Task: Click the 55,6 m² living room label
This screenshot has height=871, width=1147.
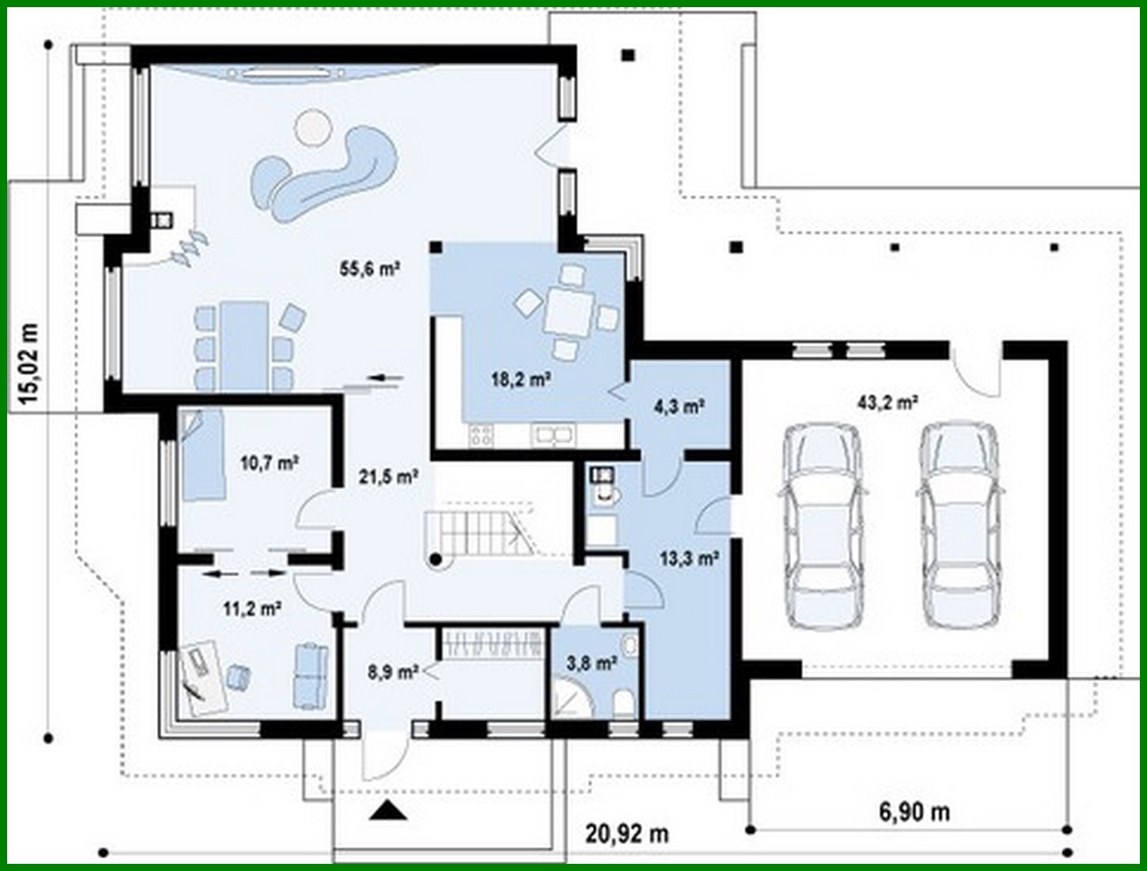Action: click(369, 269)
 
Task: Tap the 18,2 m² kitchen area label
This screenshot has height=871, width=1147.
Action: click(521, 379)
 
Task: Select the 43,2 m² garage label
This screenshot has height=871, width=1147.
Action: click(887, 402)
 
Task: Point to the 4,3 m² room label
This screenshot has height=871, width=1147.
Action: click(679, 407)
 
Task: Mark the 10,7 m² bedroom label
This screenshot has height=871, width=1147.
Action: click(269, 462)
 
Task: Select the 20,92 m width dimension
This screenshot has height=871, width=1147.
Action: click(627, 834)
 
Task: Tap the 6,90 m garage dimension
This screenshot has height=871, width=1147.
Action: click(914, 812)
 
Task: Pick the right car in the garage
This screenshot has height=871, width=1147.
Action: click(958, 525)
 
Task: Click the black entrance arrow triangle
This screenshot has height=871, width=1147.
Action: click(388, 810)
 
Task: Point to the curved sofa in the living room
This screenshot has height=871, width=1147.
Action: click(325, 174)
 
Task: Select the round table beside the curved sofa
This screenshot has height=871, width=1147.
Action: click(312, 127)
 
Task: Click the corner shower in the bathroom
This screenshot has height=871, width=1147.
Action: click(572, 699)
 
